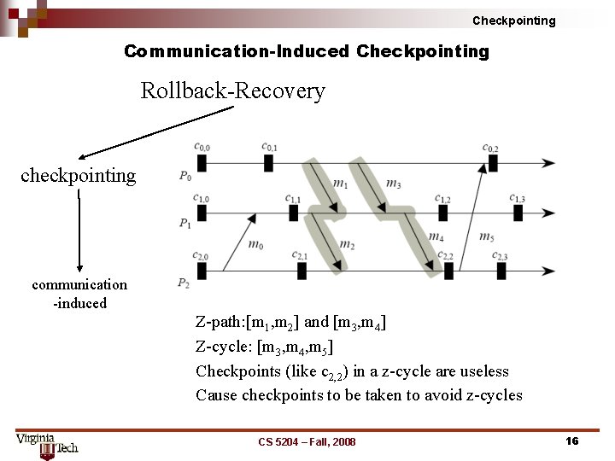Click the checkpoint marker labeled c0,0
201,162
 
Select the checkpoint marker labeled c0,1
268,162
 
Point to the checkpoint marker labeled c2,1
302,271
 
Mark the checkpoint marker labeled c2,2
448,271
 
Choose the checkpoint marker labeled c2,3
501,271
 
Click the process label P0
185,176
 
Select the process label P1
185,224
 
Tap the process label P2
184,283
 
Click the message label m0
255,245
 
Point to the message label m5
486,237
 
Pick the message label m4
436,237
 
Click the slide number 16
572,441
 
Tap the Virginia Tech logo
46,444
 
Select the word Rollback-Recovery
232,90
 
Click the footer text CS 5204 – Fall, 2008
307,441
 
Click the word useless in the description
483,371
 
